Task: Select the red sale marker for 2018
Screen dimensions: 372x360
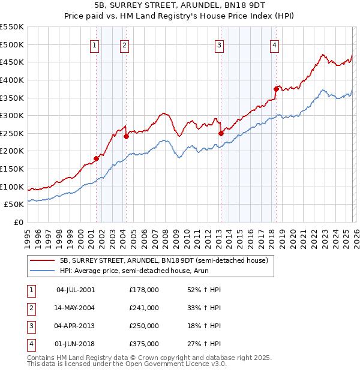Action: [x=276, y=89]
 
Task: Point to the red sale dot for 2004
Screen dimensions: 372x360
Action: [x=127, y=136]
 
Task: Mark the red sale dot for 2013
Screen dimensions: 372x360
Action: [x=221, y=133]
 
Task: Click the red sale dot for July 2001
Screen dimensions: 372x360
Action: [x=96, y=158]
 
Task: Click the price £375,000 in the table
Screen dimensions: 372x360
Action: [x=144, y=344]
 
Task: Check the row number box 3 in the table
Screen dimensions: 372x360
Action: [x=31, y=326]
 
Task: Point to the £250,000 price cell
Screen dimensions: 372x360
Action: [x=144, y=326]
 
